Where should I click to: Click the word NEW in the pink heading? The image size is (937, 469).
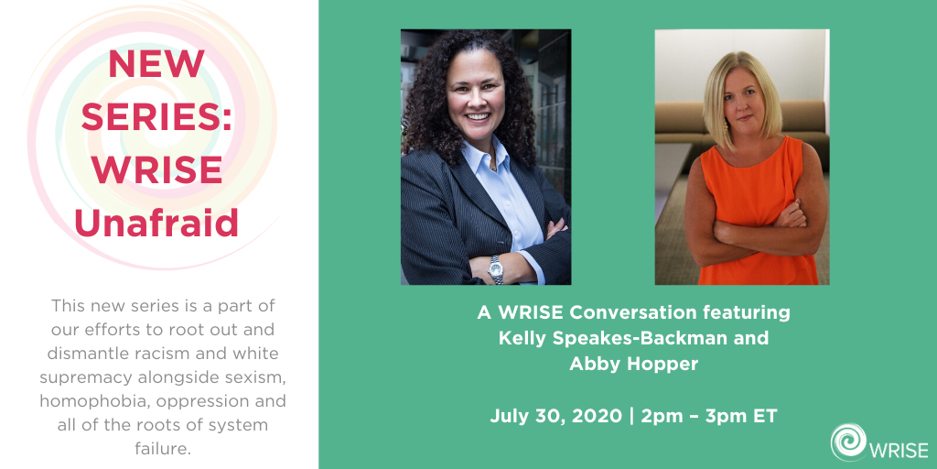pos(156,64)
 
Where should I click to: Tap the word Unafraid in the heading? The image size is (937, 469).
pos(156,223)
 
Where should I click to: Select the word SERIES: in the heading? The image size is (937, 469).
pos(156,116)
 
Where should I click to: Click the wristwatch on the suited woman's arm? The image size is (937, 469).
pos(495,270)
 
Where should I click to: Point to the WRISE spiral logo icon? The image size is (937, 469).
pos(848,442)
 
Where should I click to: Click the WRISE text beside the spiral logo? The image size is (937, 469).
pos(899,450)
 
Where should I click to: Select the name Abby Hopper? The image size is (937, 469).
pos(633,364)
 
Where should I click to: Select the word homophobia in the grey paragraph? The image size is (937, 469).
pos(104,401)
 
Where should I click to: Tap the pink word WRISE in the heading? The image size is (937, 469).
pos(156,169)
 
